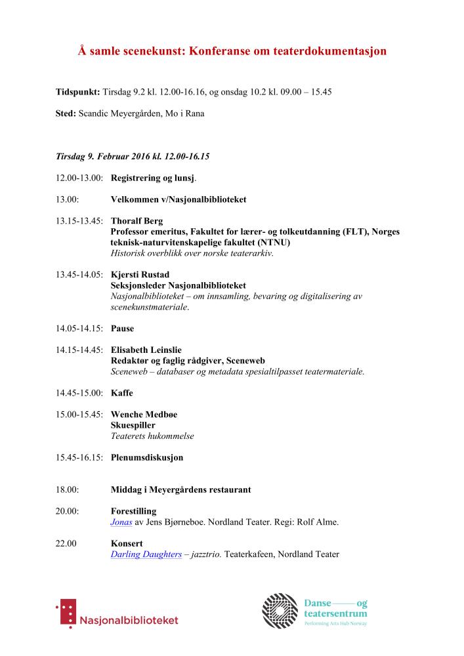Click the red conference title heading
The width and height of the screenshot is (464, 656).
coord(232,51)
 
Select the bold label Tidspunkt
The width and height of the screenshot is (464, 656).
coord(77,92)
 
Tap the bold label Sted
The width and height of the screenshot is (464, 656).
coord(66,113)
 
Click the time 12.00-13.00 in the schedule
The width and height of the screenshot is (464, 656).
coord(79,178)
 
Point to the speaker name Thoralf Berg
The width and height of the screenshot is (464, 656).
coord(137,221)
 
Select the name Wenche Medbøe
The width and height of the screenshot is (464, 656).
coord(144,415)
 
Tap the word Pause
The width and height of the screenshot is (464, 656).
coord(122,329)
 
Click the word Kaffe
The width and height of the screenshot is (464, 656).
coord(121,393)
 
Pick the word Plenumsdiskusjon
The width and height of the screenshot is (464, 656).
coord(147,457)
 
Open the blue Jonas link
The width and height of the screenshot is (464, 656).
coord(121,522)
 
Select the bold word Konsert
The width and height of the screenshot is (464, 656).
coord(127,544)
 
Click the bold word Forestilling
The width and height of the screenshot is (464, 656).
coord(135,512)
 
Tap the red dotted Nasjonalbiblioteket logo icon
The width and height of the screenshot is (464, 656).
coord(66,613)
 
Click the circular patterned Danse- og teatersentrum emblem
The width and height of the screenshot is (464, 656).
coord(280,610)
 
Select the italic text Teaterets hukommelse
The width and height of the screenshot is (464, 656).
coord(152,436)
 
